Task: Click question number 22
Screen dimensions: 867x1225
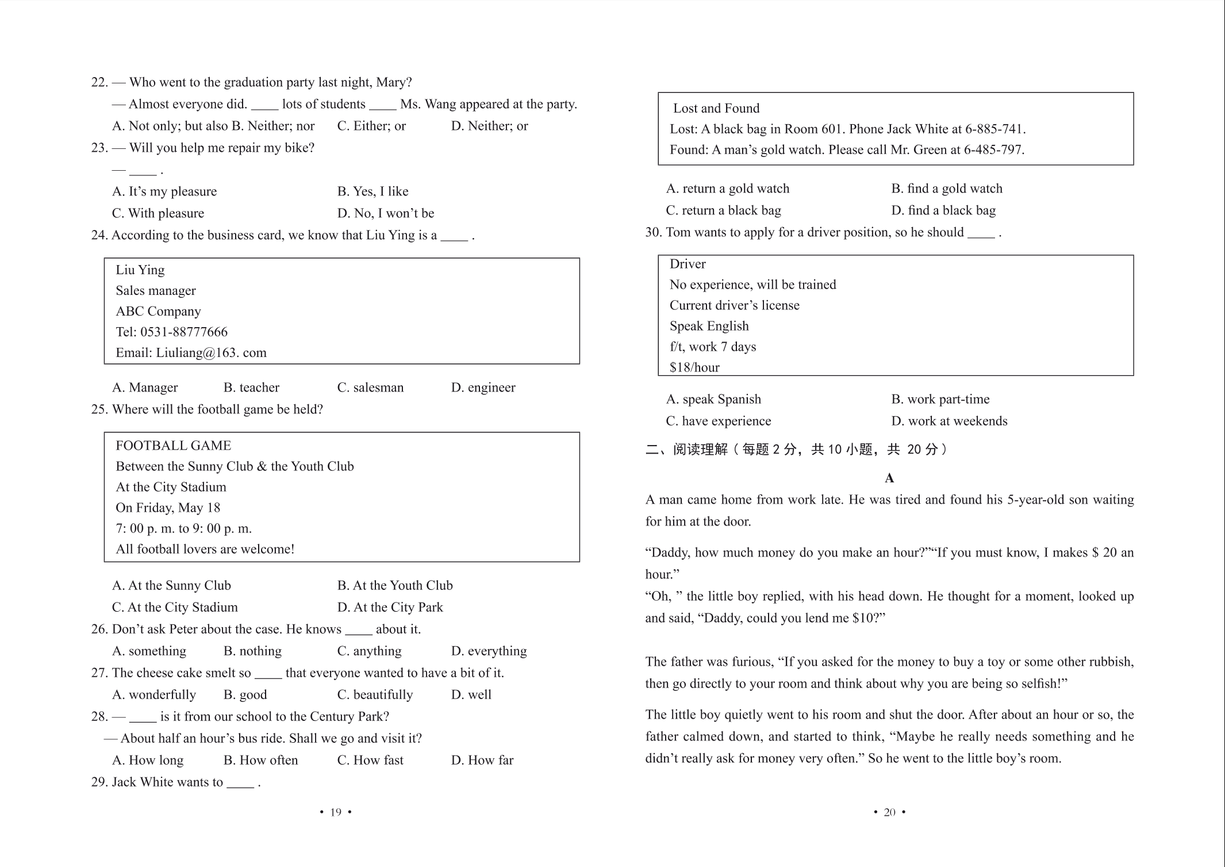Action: tap(99, 82)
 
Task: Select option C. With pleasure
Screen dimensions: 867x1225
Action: tap(158, 213)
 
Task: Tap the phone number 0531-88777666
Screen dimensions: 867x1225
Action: tap(183, 332)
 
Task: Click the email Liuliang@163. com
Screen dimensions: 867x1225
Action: tap(211, 352)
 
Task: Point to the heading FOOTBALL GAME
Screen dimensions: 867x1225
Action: tap(173, 446)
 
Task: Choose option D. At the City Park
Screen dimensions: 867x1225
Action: tap(390, 607)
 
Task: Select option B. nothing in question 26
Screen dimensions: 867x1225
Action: tap(252, 651)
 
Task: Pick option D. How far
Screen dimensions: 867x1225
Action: tap(482, 760)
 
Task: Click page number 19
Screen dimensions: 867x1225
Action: tap(336, 812)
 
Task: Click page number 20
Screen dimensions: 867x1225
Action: tap(889, 812)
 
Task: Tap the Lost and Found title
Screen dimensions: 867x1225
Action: tap(716, 108)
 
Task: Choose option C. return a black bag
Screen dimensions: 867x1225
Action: tap(724, 210)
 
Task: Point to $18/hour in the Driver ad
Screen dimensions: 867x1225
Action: tap(694, 367)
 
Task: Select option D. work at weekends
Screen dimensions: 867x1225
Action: tap(949, 421)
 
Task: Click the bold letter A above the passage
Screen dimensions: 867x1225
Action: tap(889, 478)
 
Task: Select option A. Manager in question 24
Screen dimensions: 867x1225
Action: tap(145, 388)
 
